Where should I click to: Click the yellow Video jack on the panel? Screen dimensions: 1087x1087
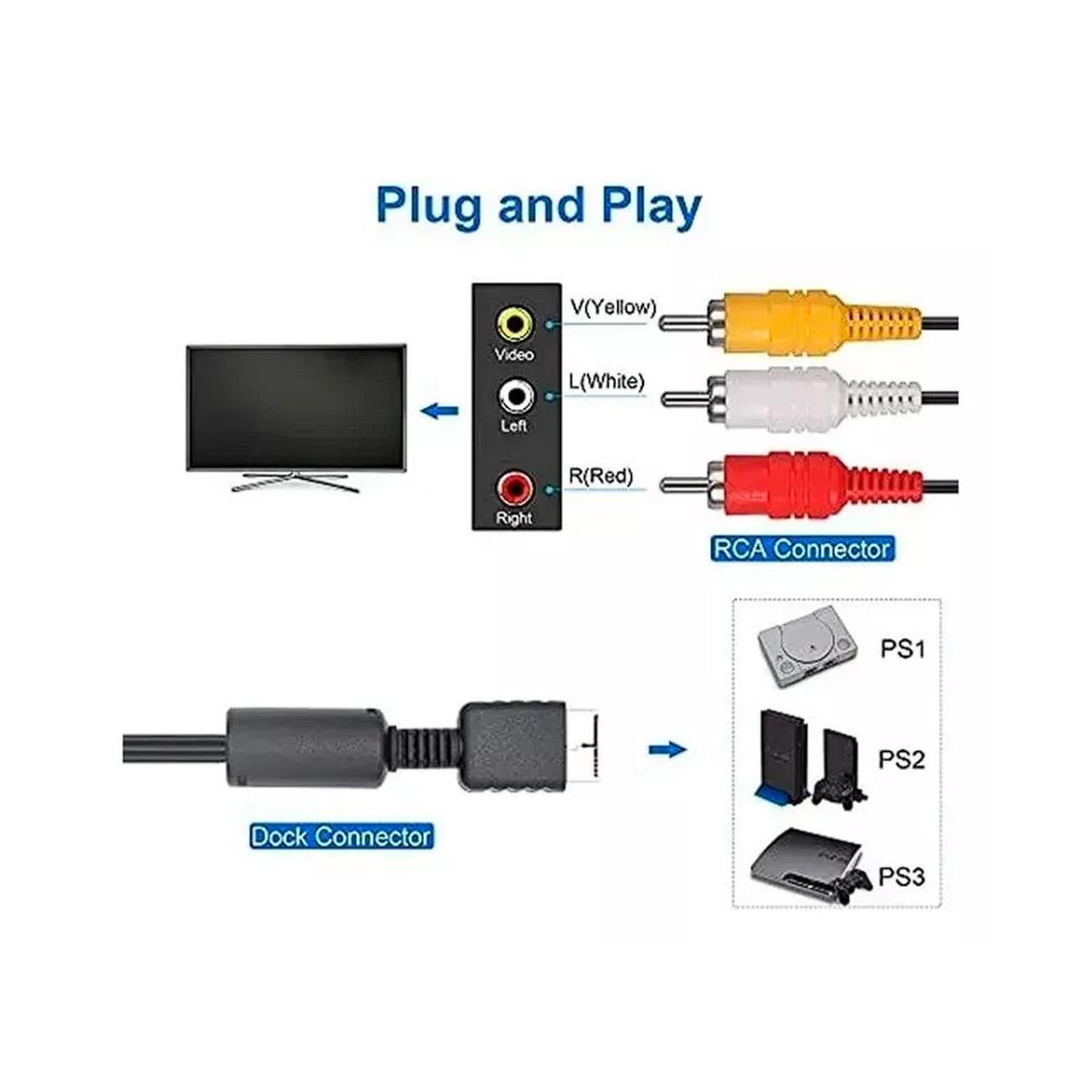pos(514,323)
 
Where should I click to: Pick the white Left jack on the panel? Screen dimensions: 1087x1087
pos(515,397)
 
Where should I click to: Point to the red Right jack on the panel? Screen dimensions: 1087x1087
pos(514,488)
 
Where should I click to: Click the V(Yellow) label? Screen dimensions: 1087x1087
pos(613,307)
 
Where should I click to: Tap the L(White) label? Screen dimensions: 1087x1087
pos(606,382)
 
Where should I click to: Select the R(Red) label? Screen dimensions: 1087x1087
pos(601,476)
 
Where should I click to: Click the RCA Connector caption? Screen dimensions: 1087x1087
pos(803,549)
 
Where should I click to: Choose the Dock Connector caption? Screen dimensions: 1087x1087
pos(341,836)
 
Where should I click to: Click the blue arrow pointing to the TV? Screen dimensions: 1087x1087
pos(440,412)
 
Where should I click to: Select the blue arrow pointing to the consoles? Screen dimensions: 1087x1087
pos(668,750)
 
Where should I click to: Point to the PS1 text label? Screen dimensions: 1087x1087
pos(903,649)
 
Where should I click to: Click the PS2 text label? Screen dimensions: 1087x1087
pos(901,759)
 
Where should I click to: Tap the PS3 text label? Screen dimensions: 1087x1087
pos(902,877)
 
